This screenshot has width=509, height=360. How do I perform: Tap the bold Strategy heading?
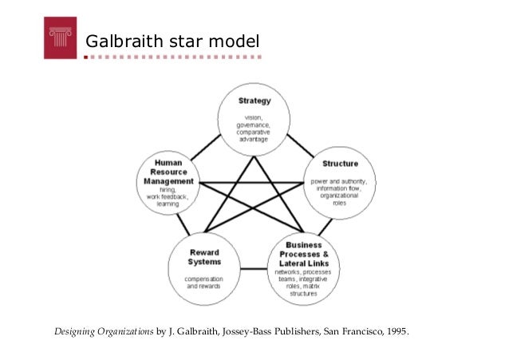pos(254,101)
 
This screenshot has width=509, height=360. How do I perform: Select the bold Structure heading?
pos(339,164)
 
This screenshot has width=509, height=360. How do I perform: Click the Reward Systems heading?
pos(204,257)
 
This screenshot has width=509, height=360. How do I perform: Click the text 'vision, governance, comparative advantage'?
pos(254,130)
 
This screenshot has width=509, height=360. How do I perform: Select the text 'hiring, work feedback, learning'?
pos(168,196)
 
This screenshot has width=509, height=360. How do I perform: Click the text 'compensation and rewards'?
pos(204,282)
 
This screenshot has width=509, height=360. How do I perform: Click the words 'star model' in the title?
pos(216,38)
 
